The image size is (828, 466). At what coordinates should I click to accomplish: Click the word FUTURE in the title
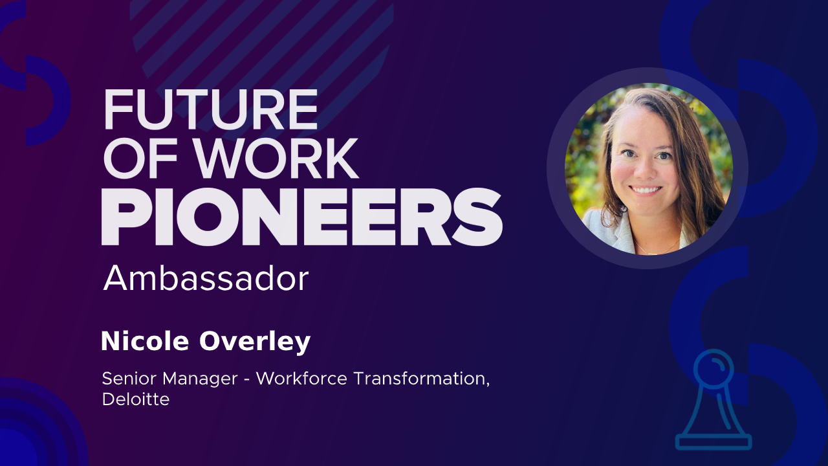click(x=211, y=109)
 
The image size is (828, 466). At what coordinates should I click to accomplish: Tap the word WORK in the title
click(x=276, y=159)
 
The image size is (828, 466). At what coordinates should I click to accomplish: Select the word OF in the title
click(x=140, y=159)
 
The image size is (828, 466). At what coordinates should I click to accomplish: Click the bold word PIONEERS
click(x=302, y=217)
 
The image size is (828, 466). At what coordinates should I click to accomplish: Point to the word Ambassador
click(x=206, y=278)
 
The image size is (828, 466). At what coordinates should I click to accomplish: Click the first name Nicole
click(x=145, y=341)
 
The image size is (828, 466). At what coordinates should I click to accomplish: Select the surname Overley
click(x=255, y=342)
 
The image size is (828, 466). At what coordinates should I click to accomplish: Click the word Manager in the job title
click(x=200, y=379)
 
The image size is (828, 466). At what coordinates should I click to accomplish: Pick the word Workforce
click(x=301, y=379)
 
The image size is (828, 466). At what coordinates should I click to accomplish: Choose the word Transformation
click(x=422, y=379)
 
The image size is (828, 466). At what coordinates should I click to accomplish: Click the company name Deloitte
click(x=136, y=399)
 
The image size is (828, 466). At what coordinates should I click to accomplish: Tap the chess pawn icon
click(x=714, y=400)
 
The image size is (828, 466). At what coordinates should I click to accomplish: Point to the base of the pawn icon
click(x=714, y=442)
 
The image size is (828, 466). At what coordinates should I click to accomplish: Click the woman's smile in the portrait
click(x=646, y=191)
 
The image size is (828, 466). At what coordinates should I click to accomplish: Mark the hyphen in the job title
click(x=247, y=380)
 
